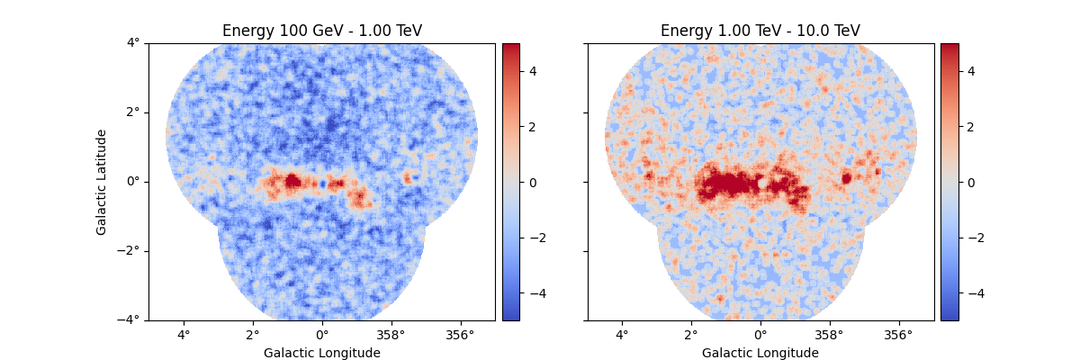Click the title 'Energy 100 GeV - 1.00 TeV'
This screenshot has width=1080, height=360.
tap(322, 31)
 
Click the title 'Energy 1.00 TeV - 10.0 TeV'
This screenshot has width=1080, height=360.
tap(760, 31)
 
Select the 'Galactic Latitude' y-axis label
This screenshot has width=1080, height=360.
tap(102, 182)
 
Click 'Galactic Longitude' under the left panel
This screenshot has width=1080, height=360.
tap(322, 353)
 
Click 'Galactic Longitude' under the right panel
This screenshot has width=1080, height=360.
tap(760, 353)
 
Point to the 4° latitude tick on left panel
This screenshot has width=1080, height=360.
tap(133, 43)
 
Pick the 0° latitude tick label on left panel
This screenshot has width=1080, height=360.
tap(133, 182)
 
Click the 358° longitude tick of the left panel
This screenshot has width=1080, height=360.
tap(391, 335)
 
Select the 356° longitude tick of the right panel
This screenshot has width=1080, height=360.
tap(899, 335)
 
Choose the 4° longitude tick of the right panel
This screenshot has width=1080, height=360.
tap(622, 335)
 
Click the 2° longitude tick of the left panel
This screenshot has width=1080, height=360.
tap(253, 335)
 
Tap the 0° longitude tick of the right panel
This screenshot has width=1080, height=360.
tap(760, 335)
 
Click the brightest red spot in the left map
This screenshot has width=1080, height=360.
tap(292, 181)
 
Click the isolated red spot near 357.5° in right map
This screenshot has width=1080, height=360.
tap(846, 178)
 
